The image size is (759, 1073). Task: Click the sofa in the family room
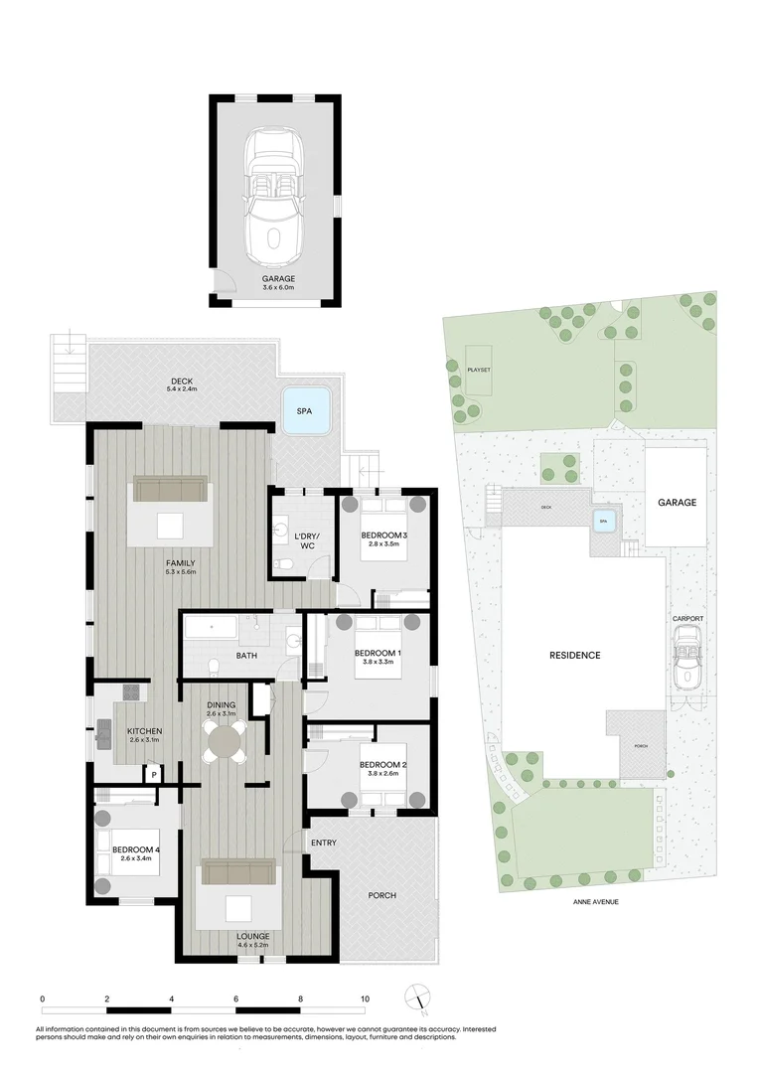point(170,489)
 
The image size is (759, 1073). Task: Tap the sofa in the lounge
point(238,871)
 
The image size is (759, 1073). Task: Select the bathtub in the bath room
point(212,628)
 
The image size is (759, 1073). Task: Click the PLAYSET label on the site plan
point(478,370)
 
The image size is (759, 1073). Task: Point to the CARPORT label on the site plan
point(687,619)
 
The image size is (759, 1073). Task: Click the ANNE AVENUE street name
point(595,902)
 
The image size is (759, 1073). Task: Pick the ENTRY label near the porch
point(324,843)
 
